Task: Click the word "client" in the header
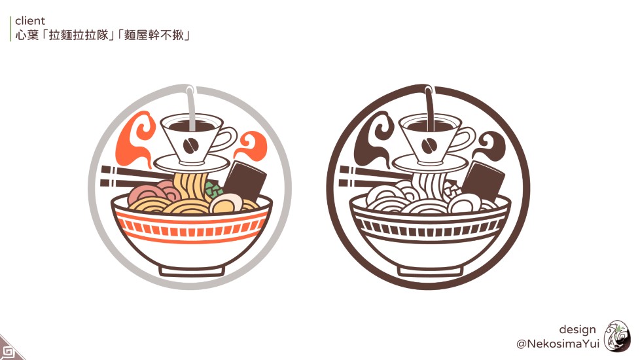tap(30, 21)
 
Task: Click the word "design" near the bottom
tap(577, 329)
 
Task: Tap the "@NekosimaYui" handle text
tap(558, 344)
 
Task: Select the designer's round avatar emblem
tap(616, 336)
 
